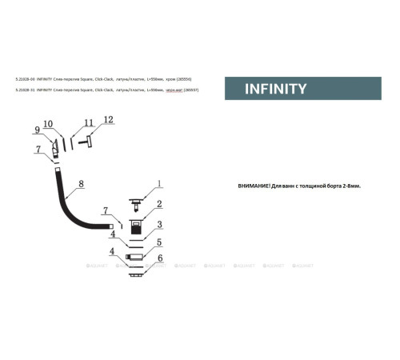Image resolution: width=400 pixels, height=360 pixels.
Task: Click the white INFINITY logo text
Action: click(275, 89)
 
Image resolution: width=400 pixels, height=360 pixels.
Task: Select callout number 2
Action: click(159, 205)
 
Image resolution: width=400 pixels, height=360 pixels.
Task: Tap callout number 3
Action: click(159, 225)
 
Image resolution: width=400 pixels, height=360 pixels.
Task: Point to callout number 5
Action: click(159, 242)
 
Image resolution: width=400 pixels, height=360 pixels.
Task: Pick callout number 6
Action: click(159, 258)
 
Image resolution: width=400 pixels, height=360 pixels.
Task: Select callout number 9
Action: click(37, 130)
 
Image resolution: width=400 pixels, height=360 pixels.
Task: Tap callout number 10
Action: click(48, 124)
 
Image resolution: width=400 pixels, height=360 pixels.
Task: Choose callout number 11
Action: click(88, 123)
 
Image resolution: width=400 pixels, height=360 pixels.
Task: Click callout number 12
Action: click(109, 120)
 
